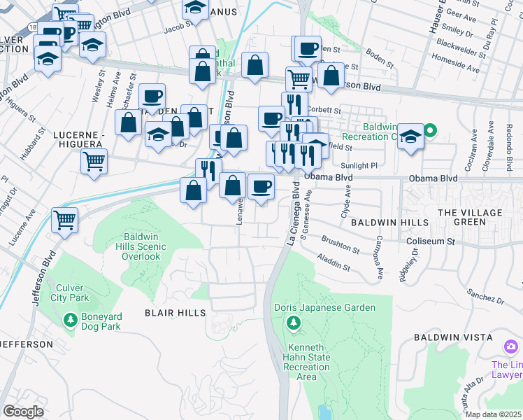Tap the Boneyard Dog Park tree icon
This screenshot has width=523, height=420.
[x=70, y=321]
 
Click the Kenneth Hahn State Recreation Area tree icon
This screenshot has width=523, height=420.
[x=294, y=323]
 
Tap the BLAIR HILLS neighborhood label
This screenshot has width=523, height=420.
[x=175, y=312]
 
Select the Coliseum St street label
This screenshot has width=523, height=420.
[x=431, y=242]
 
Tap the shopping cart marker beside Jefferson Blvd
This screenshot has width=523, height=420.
[x=64, y=219]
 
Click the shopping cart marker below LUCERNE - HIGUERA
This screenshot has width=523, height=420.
[x=94, y=161]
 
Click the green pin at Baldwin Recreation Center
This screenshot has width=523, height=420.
[x=431, y=129]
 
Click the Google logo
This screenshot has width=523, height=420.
[x=23, y=412]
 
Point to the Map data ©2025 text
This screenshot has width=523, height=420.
[x=493, y=414]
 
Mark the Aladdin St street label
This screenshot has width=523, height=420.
[x=334, y=262]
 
